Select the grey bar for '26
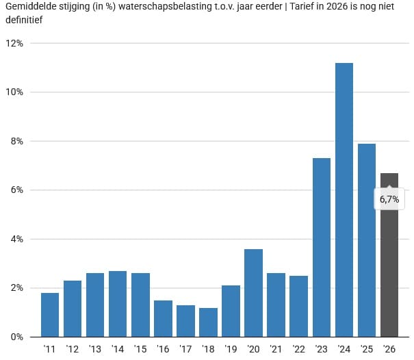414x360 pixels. (389, 274)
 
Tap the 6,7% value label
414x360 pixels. (389, 199)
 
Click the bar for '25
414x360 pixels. (367, 240)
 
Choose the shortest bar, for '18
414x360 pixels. (208, 322)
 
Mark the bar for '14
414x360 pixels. (118, 304)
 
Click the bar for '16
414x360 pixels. (163, 318)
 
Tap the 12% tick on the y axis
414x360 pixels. (14, 43)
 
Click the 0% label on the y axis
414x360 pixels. (16, 337)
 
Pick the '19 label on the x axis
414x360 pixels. (231, 350)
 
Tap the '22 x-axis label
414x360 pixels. (298, 350)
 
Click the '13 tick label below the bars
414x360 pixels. (94, 350)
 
